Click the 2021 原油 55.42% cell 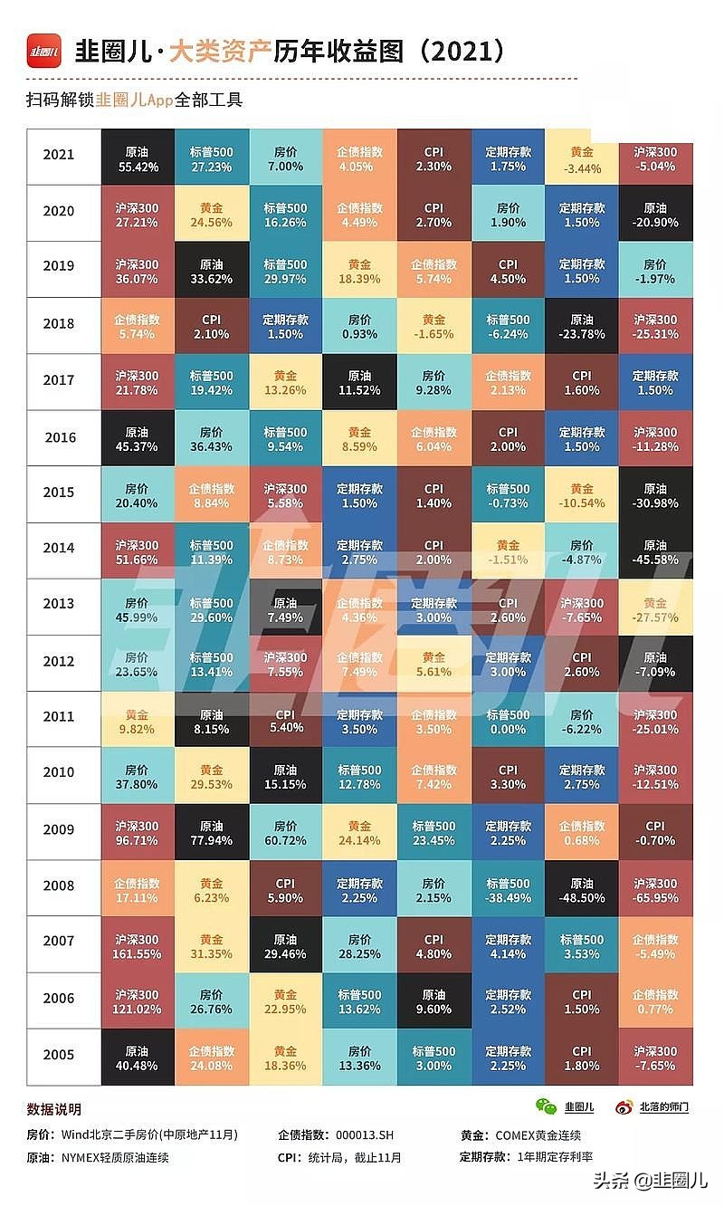137,156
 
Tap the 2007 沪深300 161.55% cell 137,946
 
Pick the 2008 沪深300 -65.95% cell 656,890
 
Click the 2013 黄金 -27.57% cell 656,608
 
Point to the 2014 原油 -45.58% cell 656,551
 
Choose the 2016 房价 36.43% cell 211,438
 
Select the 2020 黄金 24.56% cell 211,213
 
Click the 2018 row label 59,324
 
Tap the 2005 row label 59,1055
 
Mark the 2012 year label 59,662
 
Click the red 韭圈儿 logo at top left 44,51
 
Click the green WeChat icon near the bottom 546,1106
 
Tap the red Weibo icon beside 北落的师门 624,1106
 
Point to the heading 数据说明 54,1109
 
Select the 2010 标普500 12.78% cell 359,777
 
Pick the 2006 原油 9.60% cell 433,1002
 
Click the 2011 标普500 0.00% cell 508,721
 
